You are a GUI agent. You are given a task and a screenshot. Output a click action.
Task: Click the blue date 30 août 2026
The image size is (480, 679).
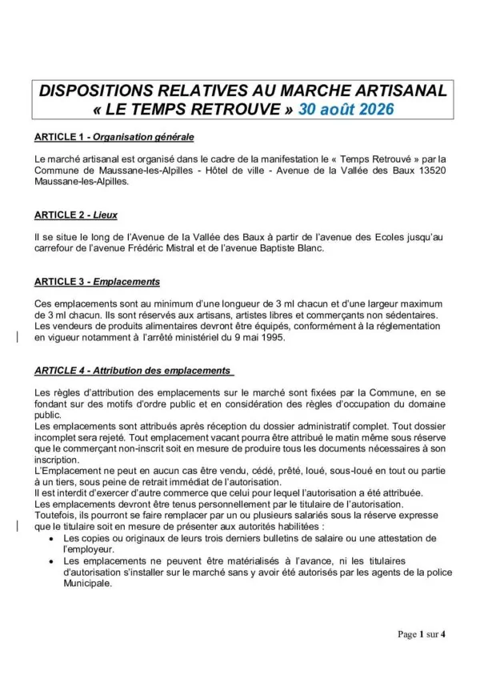pyautogui.click(x=346, y=110)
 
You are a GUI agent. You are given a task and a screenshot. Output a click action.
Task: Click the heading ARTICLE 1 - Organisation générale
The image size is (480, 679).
pyautogui.click(x=114, y=138)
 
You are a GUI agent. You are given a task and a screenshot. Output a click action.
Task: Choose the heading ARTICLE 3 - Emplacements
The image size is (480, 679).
pyautogui.click(x=98, y=282)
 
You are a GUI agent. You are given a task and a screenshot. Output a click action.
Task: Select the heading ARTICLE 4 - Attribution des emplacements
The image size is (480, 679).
pyautogui.click(x=134, y=371)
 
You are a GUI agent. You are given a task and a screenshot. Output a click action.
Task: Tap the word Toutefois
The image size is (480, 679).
pyautogui.click(x=54, y=516)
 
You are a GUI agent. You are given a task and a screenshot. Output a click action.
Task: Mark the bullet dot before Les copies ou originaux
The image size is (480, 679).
pyautogui.click(x=52, y=539)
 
